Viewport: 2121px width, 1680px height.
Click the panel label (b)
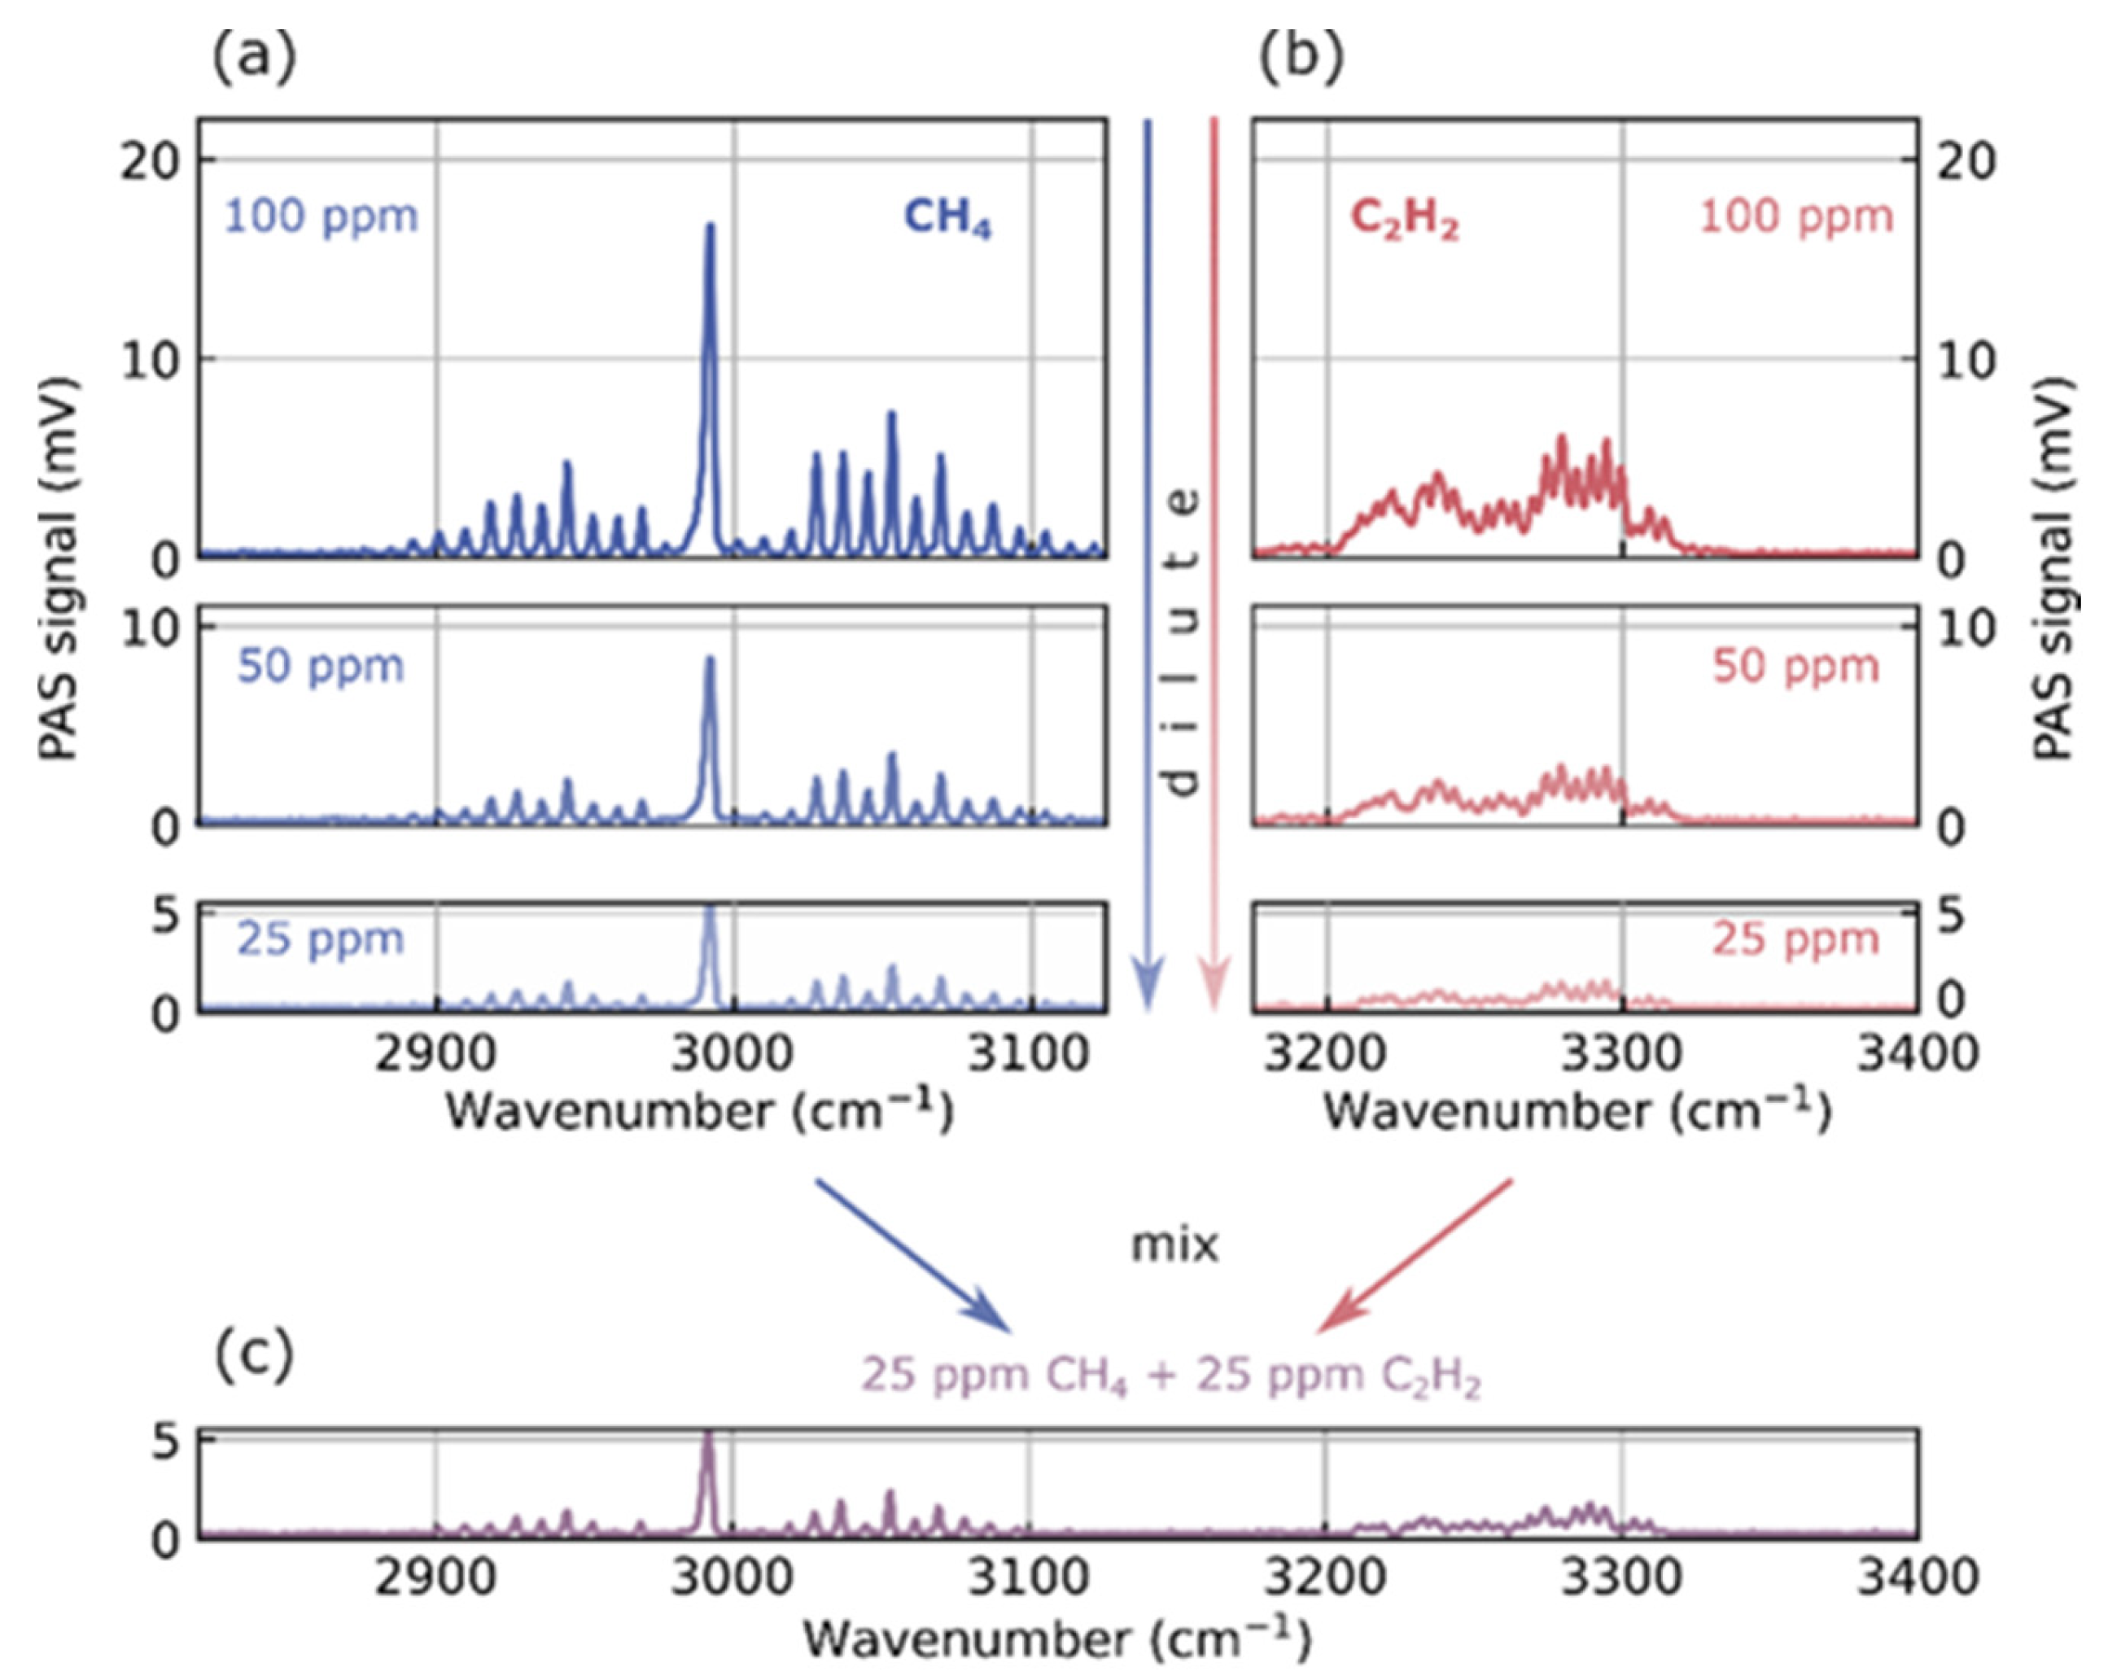pyautogui.click(x=1301, y=57)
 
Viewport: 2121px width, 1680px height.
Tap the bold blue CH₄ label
pyautogui.click(x=947, y=218)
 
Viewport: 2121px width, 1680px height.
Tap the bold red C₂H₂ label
pyautogui.click(x=1404, y=218)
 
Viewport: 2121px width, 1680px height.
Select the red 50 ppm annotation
pyautogui.click(x=1795, y=667)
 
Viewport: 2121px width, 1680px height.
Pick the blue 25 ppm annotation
pyautogui.click(x=321, y=939)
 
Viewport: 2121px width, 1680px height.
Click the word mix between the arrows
pyautogui.click(x=1174, y=1245)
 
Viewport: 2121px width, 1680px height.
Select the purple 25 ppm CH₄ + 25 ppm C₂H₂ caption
pyautogui.click(x=1170, y=1375)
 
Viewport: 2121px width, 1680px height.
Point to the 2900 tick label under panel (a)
pyautogui.click(x=436, y=1054)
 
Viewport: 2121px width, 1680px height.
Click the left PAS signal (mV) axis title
pyautogui.click(x=59, y=568)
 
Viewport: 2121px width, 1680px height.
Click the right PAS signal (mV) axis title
pyautogui.click(x=2053, y=568)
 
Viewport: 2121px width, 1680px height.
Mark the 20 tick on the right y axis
pyautogui.click(x=1965, y=160)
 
